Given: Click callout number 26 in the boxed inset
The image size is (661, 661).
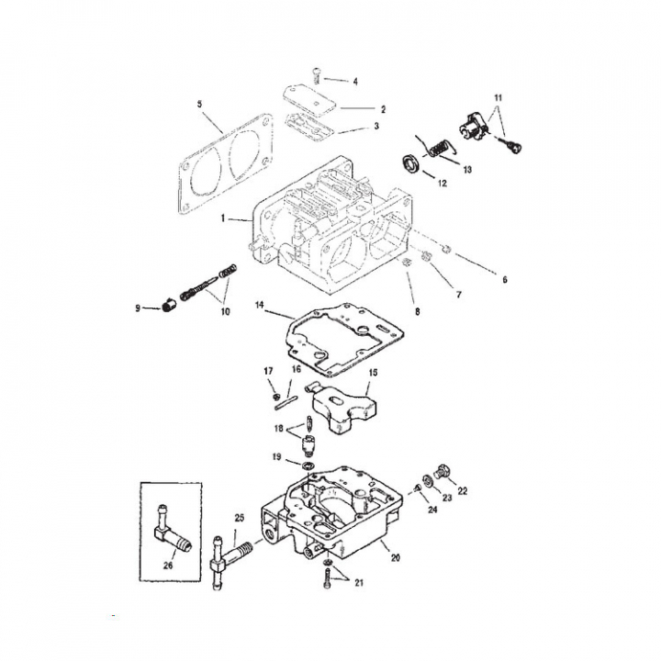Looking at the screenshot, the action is click(168, 566).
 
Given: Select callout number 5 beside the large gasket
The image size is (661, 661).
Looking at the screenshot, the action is click(200, 104).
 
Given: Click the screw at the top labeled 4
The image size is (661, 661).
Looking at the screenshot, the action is click(317, 76).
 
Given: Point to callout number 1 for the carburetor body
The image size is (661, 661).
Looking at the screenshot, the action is click(223, 218).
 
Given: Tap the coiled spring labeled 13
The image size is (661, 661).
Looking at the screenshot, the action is click(439, 148).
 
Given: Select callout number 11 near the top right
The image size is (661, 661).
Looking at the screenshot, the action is click(498, 98).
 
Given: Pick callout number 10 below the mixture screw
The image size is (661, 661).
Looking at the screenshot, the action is click(226, 311).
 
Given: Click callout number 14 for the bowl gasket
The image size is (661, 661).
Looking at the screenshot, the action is click(259, 305).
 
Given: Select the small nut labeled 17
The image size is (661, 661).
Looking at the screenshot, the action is click(276, 397).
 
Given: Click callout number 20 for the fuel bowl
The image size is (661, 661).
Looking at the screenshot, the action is click(395, 558).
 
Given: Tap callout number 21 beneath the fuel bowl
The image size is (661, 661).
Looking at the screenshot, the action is click(359, 583).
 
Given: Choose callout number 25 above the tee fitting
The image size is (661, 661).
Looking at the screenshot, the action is click(240, 518).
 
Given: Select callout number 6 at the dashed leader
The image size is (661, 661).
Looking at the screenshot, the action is click(505, 279).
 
